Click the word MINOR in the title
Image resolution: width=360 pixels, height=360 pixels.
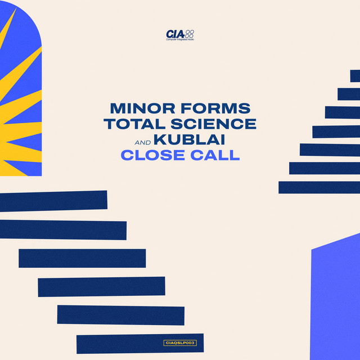[x=142, y=108]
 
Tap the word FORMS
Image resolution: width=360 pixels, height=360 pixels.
[x=216, y=108]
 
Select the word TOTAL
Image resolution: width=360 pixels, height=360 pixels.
[x=134, y=124]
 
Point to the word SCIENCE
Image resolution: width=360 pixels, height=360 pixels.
[x=214, y=124]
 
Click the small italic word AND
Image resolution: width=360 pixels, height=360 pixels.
[x=143, y=143]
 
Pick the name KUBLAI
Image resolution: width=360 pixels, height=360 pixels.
[x=189, y=139]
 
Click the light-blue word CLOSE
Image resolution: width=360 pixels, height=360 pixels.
[x=153, y=155]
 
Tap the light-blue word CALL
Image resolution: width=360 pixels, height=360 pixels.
[x=215, y=155]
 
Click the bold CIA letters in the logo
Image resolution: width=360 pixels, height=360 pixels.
[x=175, y=34]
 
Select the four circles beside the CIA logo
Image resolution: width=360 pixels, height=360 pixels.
[x=190, y=34]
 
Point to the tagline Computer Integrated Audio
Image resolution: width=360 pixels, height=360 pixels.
[x=180, y=39]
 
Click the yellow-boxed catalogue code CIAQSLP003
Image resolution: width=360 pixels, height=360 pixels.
[x=180, y=343]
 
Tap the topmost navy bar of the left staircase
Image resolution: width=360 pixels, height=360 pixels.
[x=53, y=201]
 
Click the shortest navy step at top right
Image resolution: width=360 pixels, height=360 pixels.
[x=355, y=76]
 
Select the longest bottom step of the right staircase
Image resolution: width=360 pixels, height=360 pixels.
[x=319, y=187]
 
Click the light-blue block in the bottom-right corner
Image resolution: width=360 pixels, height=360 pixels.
[x=335, y=299]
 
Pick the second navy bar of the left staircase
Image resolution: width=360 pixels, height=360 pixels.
[x=63, y=230]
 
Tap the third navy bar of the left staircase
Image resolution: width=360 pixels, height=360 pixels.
[x=82, y=258]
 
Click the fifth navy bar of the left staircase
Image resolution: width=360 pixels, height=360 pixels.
[x=121, y=315]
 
